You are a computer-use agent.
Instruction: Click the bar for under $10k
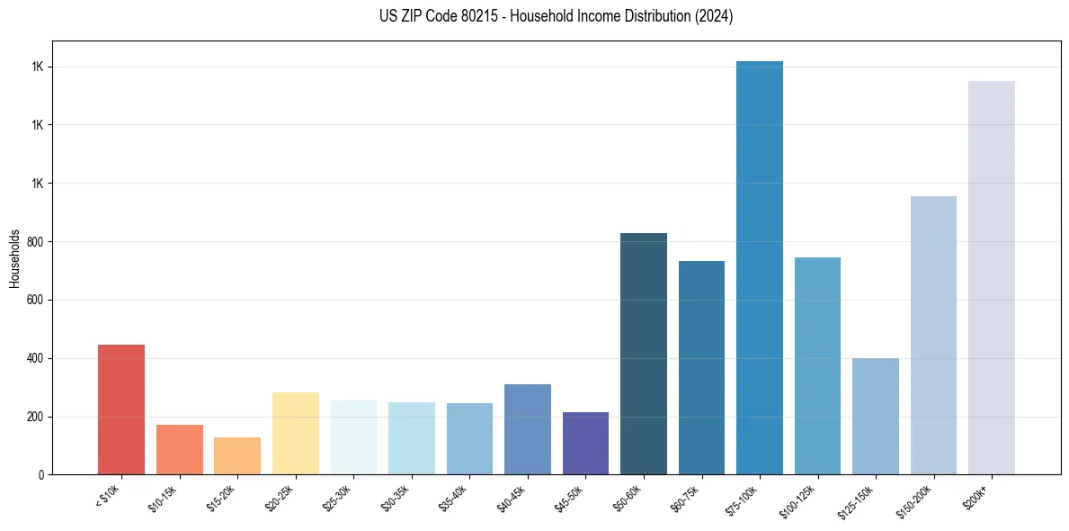pyautogui.click(x=121, y=409)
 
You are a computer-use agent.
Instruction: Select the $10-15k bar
pyautogui.click(x=180, y=450)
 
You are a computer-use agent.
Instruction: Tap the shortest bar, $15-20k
pyautogui.click(x=237, y=456)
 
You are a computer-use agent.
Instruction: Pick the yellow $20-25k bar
pyautogui.click(x=296, y=434)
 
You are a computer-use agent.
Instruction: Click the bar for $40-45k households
pyautogui.click(x=528, y=429)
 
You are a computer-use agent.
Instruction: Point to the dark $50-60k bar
pyautogui.click(x=644, y=354)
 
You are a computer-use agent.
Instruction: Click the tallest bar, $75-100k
pyautogui.click(x=760, y=268)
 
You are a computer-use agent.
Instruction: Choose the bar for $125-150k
pyautogui.click(x=876, y=417)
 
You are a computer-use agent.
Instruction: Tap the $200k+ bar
pyautogui.click(x=992, y=278)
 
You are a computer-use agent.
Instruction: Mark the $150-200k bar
pyautogui.click(x=933, y=336)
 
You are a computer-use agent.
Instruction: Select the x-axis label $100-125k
pyautogui.click(x=799, y=499)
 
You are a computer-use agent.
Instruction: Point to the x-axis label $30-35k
pyautogui.click(x=396, y=496)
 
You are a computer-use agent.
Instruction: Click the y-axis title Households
pyautogui.click(x=14, y=258)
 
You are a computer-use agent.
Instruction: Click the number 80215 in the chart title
pyautogui.click(x=483, y=16)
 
